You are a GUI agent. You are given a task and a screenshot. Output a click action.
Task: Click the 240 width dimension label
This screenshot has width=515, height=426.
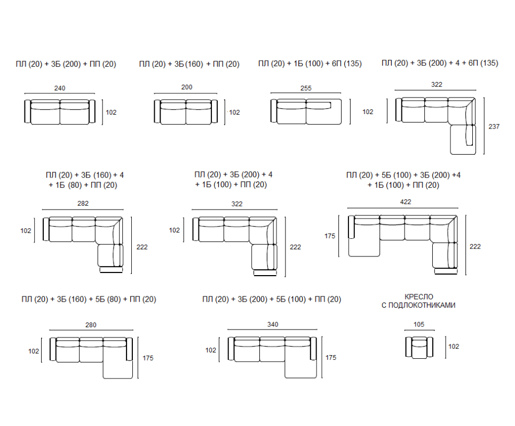[60, 88]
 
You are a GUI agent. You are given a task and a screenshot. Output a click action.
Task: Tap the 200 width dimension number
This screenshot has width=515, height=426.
[187, 87]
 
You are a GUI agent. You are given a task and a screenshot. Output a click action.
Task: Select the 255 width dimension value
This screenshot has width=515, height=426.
[306, 88]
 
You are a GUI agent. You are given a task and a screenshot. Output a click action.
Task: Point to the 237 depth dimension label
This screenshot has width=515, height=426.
[494, 126]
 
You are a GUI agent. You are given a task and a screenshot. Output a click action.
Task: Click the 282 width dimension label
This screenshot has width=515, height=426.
[83, 203]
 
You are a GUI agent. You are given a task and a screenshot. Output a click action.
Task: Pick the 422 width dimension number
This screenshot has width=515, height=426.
[406, 202]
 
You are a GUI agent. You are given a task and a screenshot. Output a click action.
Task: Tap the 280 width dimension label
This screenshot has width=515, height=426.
[91, 325]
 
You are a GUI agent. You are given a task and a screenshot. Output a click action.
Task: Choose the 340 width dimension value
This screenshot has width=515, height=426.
[273, 324]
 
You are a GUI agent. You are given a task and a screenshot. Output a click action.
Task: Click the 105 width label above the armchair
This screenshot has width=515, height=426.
[419, 324]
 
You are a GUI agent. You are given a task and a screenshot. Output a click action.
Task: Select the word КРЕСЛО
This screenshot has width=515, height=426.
[419, 296]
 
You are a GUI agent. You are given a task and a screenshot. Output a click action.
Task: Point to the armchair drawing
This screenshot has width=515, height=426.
[419, 347]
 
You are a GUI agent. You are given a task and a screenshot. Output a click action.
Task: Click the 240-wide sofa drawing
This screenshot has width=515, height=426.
[60, 112]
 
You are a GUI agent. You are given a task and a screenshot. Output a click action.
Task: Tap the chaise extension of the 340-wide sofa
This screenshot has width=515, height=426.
[300, 369]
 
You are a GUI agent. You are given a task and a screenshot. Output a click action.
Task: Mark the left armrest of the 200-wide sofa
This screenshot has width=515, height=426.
[157, 111]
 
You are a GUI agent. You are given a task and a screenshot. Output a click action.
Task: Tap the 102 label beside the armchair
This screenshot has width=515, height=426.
[454, 346]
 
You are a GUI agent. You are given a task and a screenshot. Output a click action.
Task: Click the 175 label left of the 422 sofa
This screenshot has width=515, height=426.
[330, 236]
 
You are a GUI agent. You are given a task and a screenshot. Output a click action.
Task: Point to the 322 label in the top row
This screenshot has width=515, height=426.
[437, 84]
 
